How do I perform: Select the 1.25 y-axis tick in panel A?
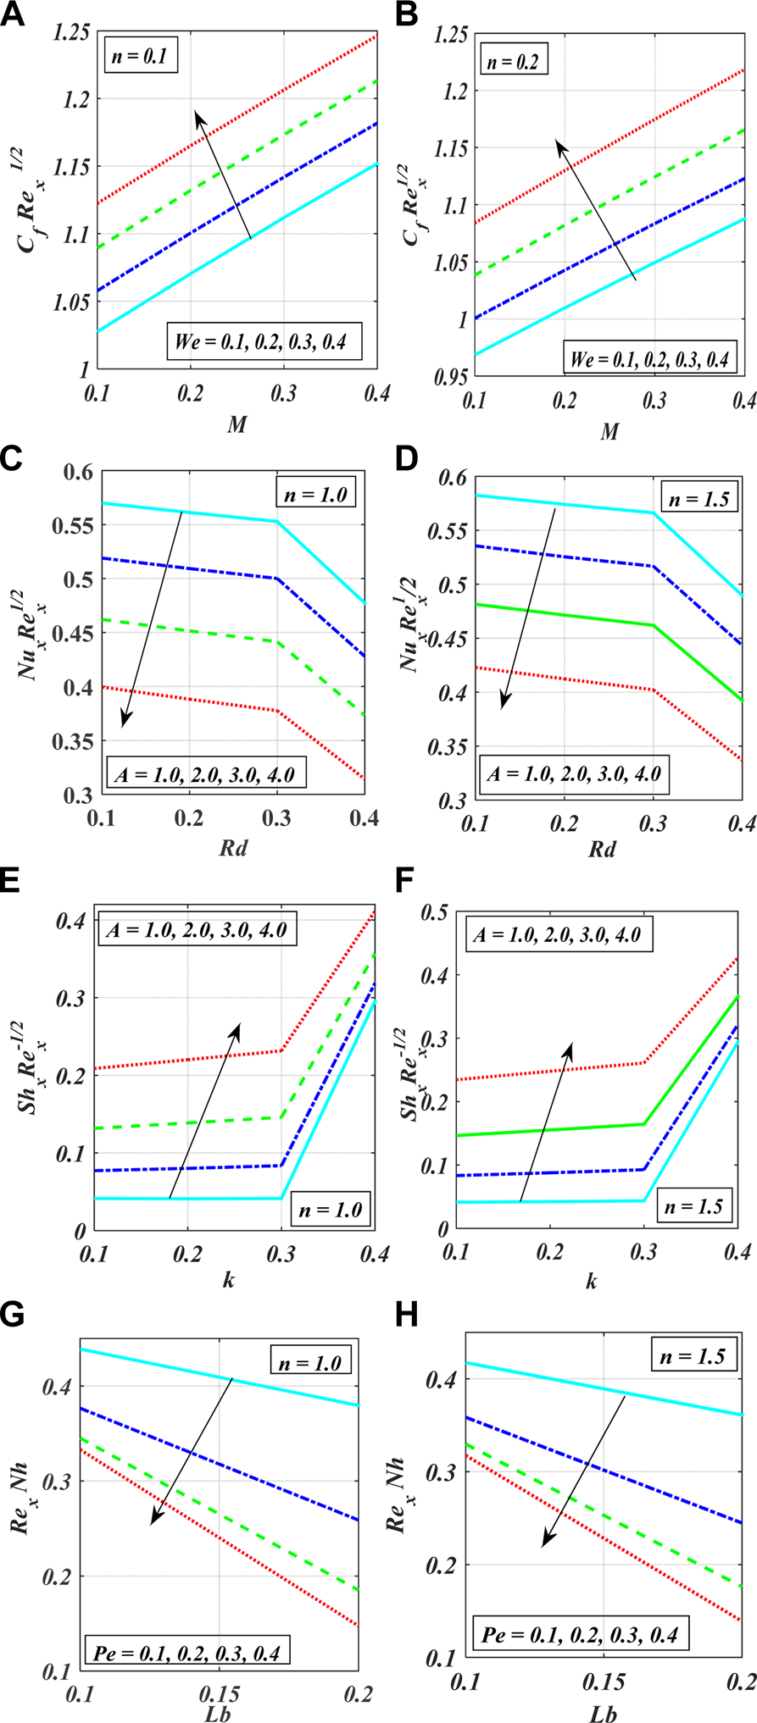(71, 33)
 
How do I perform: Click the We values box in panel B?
(649, 358)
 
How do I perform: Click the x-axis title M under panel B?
(609, 432)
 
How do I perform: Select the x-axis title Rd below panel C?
(234, 847)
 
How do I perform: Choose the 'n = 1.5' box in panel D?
(699, 499)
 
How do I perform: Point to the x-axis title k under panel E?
(229, 1279)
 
